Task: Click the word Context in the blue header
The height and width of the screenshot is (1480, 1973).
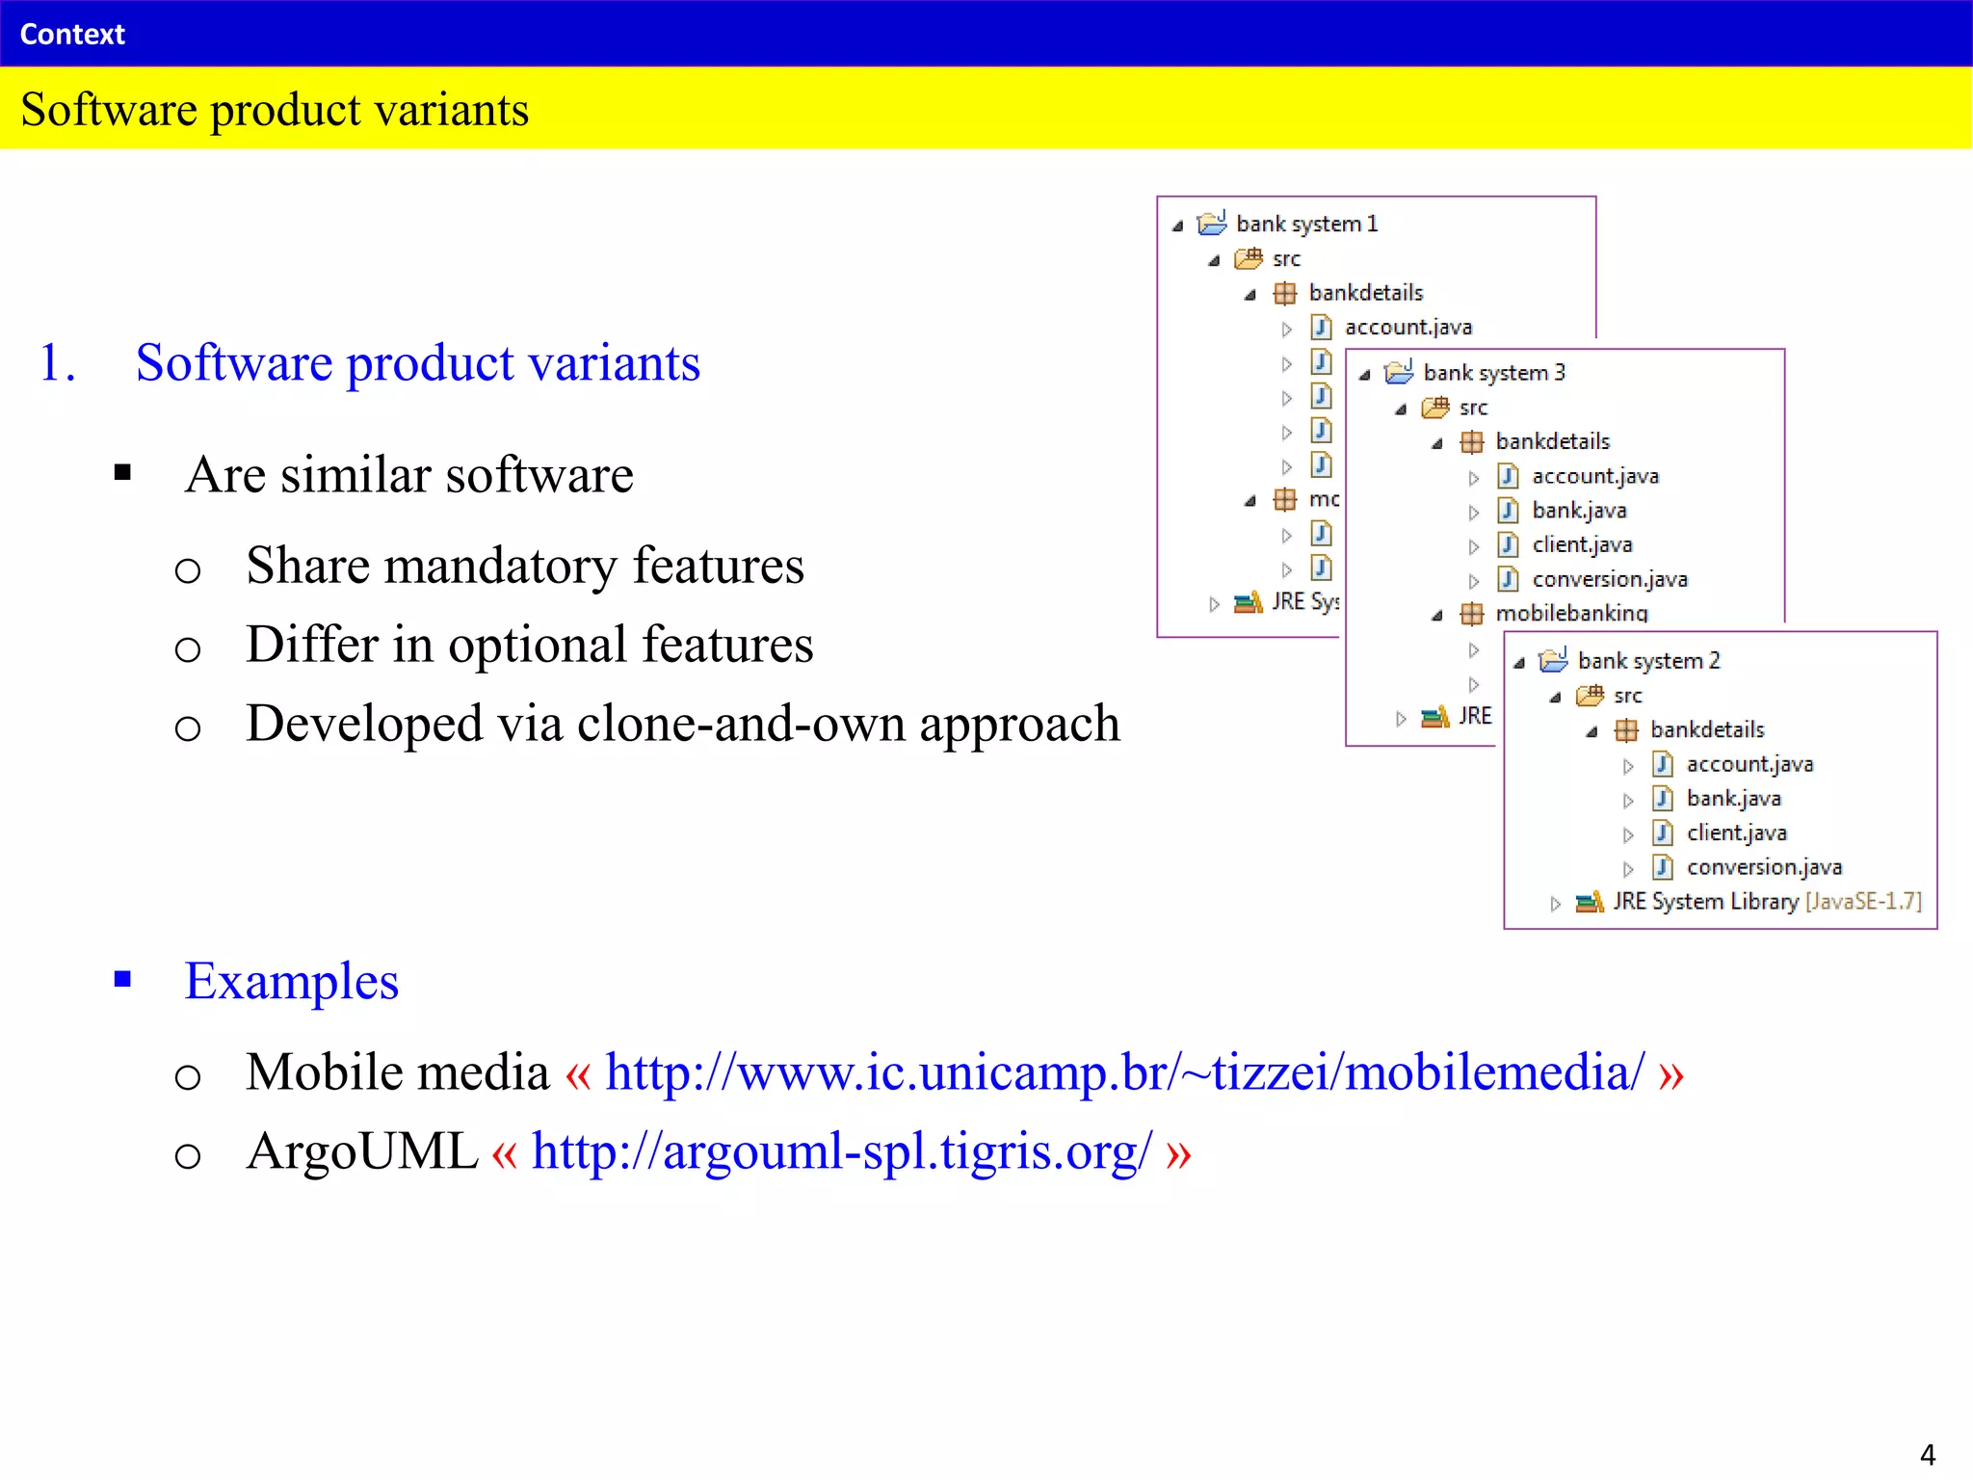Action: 72,35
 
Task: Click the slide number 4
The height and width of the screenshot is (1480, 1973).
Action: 1927,1454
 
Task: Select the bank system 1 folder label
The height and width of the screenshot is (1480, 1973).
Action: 1306,225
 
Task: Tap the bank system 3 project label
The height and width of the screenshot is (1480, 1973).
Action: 1494,373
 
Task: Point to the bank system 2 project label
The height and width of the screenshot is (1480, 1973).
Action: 1648,661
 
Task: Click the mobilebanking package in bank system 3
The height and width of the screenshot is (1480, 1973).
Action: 1571,613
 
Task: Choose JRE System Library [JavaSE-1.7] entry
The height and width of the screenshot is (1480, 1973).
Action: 1766,902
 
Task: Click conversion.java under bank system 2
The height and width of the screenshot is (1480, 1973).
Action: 1764,867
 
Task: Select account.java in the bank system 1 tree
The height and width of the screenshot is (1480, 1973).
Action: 1407,328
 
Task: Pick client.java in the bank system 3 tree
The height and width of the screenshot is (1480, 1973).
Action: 1582,545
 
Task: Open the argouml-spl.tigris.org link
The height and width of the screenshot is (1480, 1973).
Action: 841,1151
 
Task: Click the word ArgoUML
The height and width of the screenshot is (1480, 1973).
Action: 361,1151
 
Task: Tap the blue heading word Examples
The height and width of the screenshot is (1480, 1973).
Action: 291,982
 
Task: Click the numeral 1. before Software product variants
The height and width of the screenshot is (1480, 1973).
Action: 57,363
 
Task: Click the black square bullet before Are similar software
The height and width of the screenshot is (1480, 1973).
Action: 122,472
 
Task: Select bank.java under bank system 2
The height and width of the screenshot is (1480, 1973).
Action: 1733,799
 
